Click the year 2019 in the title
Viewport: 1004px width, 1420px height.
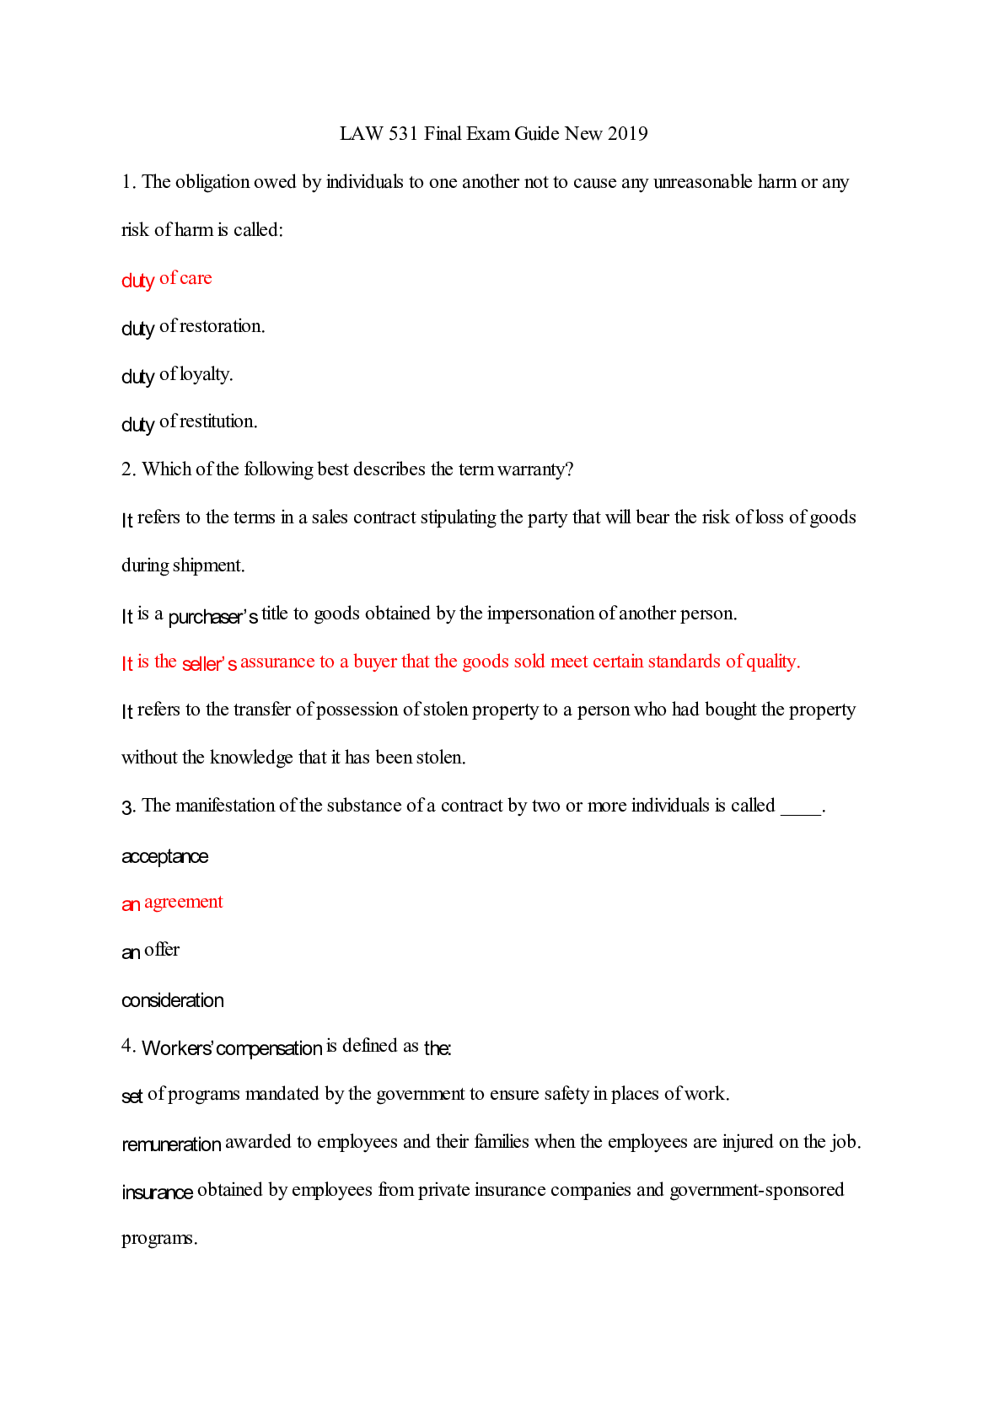(627, 133)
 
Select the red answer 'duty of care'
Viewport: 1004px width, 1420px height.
(167, 279)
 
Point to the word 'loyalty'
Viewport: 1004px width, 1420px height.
(206, 374)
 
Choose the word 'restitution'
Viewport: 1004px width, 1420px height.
(218, 421)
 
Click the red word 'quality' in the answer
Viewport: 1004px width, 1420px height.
(772, 662)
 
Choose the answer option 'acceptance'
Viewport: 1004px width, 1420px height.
(164, 857)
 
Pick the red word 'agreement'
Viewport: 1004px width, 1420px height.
(183, 903)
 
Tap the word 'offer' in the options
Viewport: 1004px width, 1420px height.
(162, 950)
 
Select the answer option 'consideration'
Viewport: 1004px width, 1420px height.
(173, 1000)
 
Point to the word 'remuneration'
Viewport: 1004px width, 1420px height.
(171, 1144)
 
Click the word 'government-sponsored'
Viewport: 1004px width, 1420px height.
(756, 1190)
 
